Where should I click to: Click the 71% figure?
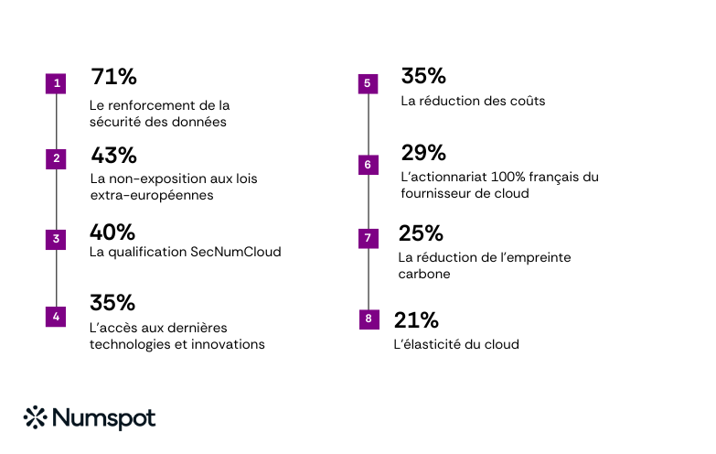click(x=113, y=77)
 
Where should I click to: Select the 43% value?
click(x=113, y=155)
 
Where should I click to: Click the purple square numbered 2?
click(x=57, y=158)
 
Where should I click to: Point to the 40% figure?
click(x=112, y=232)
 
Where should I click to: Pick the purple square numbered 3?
click(x=57, y=240)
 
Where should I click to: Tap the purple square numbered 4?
click(x=57, y=317)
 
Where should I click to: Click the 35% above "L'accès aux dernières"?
click(x=112, y=303)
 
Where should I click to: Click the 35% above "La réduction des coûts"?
click(x=423, y=76)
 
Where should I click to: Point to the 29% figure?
click(x=423, y=153)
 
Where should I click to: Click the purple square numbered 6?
click(x=368, y=165)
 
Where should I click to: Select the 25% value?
click(x=421, y=233)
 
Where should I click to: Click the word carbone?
click(x=424, y=274)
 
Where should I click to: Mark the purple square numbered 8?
click(x=368, y=319)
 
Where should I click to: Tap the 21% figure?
click(x=416, y=320)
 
